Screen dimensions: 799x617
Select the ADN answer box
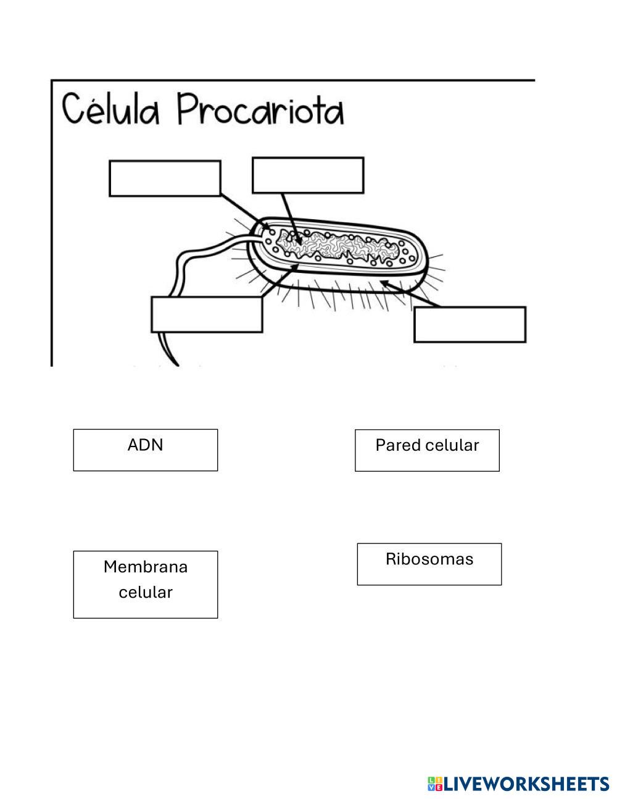[146, 450]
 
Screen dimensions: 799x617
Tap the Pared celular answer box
[427, 450]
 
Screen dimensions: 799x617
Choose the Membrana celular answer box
[146, 584]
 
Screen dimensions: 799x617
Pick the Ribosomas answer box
[429, 564]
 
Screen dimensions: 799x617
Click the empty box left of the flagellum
[207, 314]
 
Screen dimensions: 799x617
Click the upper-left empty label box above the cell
[165, 178]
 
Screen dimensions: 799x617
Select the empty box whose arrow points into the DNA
[308, 175]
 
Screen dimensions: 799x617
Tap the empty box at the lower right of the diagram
[470, 324]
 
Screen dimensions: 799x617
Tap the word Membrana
[146, 567]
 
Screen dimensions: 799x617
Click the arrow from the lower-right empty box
[410, 295]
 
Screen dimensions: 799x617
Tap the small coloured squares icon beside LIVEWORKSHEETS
[435, 784]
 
